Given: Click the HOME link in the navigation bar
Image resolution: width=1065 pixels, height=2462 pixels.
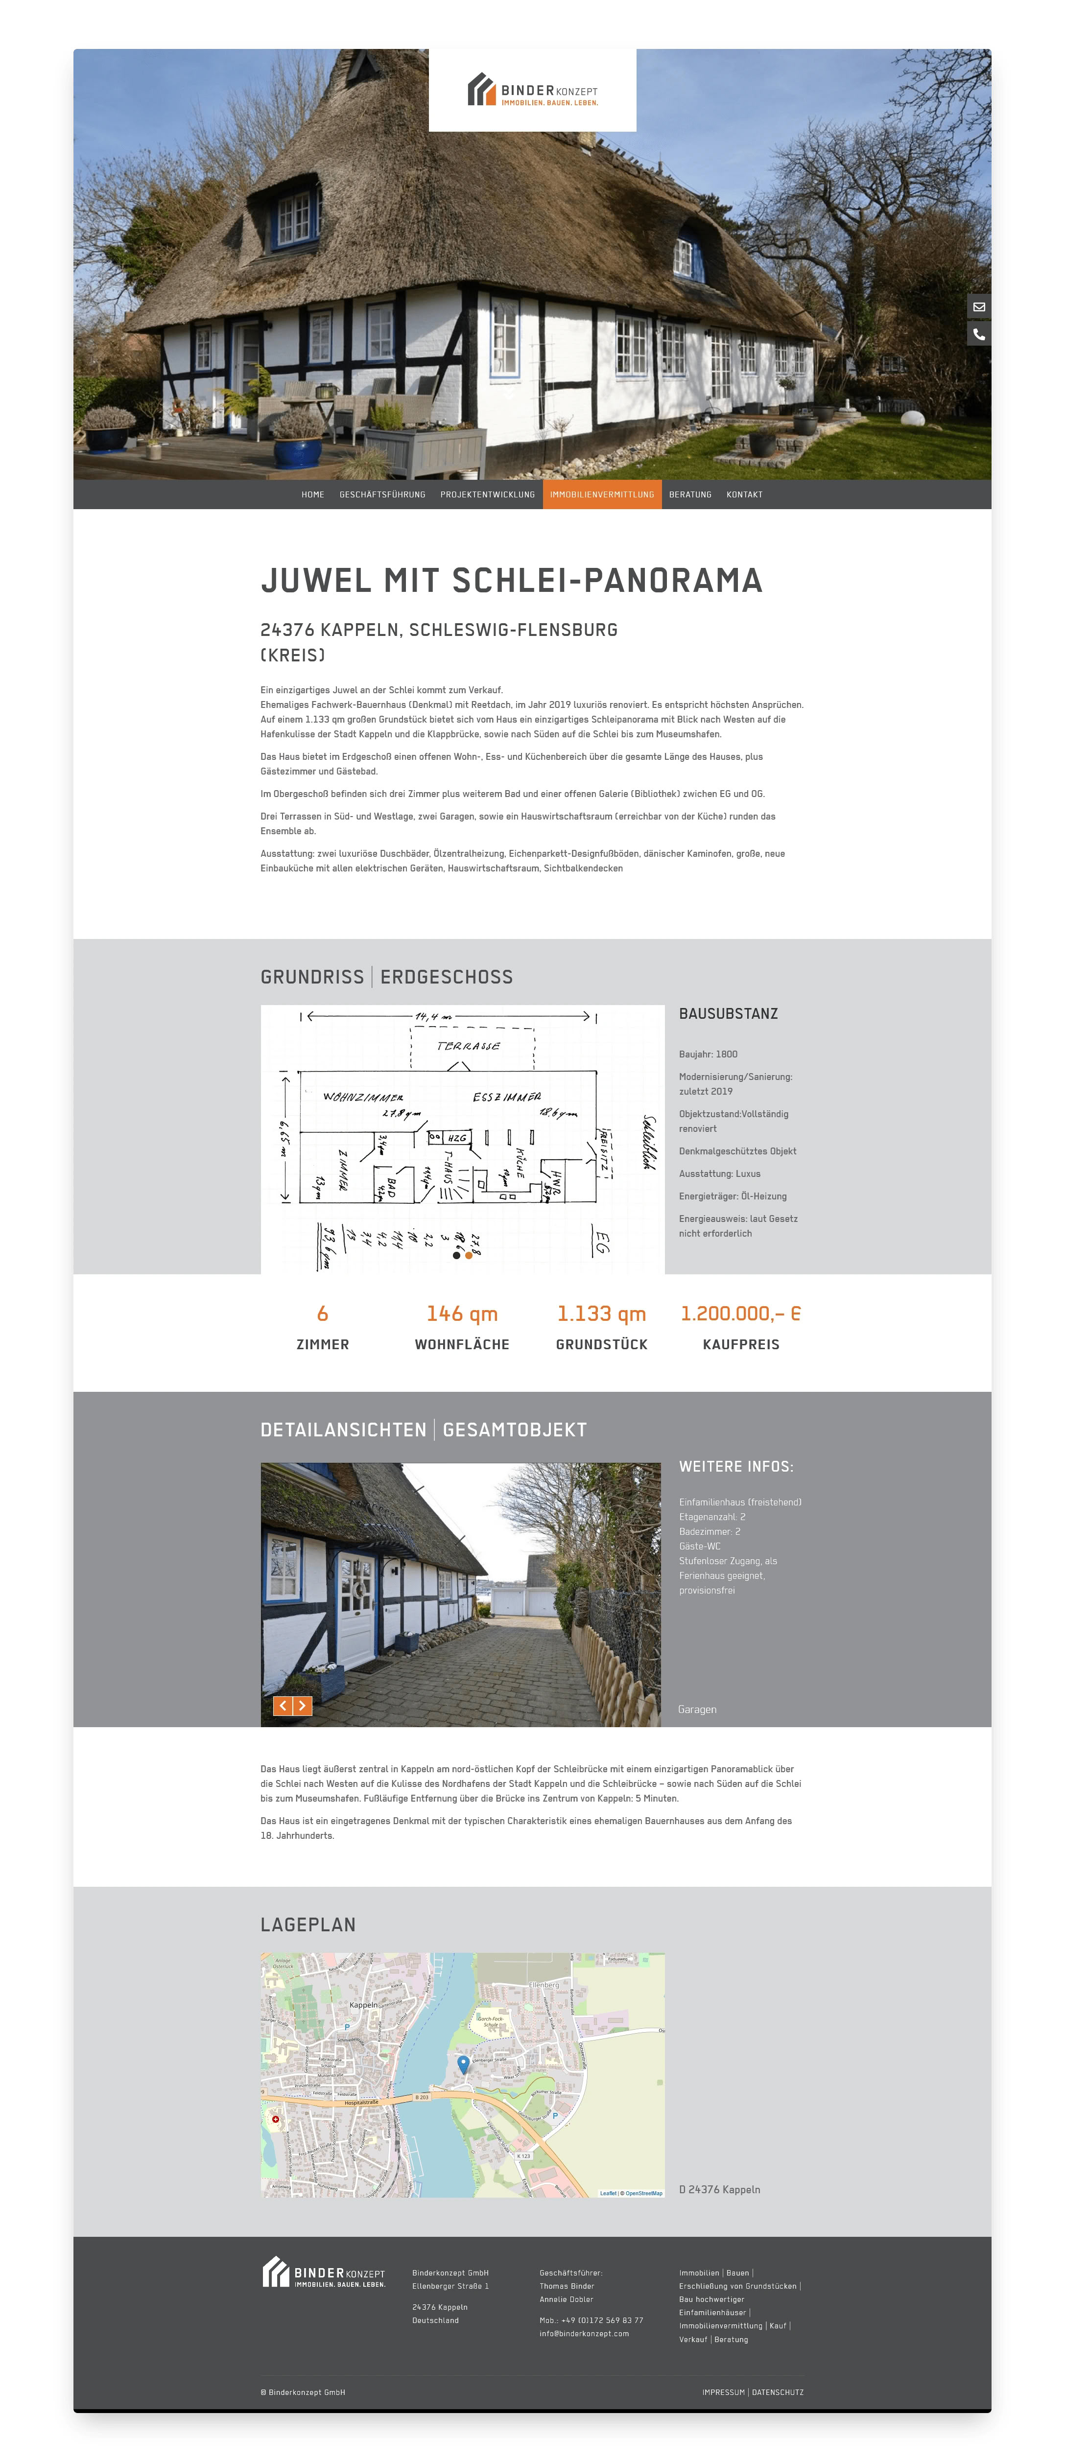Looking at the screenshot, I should click(x=312, y=494).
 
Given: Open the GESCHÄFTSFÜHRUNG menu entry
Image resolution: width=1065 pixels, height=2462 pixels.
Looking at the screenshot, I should click(x=382, y=494).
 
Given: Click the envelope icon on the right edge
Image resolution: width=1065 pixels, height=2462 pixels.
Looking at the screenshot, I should click(x=979, y=307).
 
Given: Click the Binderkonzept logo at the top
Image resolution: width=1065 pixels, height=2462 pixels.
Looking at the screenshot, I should click(x=533, y=90).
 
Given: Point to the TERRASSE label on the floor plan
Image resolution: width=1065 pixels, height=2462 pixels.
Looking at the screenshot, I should click(x=469, y=1046).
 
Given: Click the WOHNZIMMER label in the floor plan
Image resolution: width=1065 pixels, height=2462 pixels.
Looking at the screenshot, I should click(x=363, y=1097).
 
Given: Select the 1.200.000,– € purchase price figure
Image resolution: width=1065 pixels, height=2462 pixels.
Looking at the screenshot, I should click(x=741, y=1313).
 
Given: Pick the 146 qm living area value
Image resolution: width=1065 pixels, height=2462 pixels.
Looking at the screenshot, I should click(x=462, y=1313).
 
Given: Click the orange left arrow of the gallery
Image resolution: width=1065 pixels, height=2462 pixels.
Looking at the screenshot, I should click(x=283, y=1706).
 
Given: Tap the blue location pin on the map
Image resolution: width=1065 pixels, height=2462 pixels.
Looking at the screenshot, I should click(x=464, y=2063).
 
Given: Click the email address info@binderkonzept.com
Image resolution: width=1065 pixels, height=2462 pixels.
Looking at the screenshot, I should click(x=584, y=2333).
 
